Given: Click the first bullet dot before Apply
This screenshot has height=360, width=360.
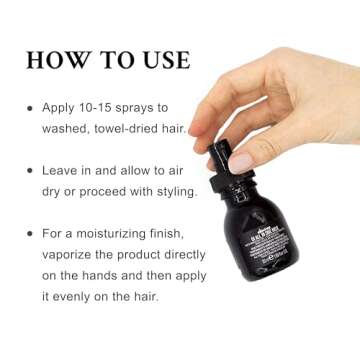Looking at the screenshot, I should (31, 107).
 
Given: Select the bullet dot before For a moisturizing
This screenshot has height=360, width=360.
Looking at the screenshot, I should (31, 233).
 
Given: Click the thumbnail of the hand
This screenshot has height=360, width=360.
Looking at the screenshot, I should (242, 160).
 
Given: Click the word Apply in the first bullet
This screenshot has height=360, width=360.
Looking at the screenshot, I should (62, 107).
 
